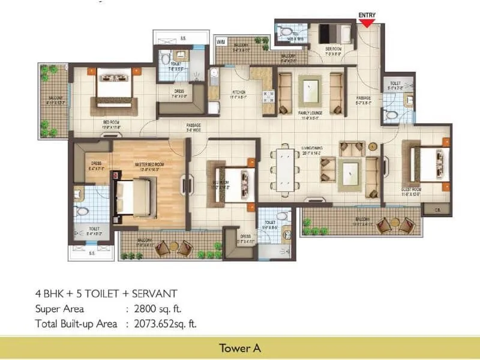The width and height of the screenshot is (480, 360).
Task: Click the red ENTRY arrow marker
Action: [x=367, y=23]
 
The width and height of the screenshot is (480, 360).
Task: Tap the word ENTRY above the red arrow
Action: [x=367, y=15]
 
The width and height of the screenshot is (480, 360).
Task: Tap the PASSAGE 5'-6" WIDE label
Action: [x=194, y=127]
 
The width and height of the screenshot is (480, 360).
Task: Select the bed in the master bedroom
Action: [x=135, y=197]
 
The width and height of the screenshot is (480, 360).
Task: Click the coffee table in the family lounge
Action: [x=311, y=90]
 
